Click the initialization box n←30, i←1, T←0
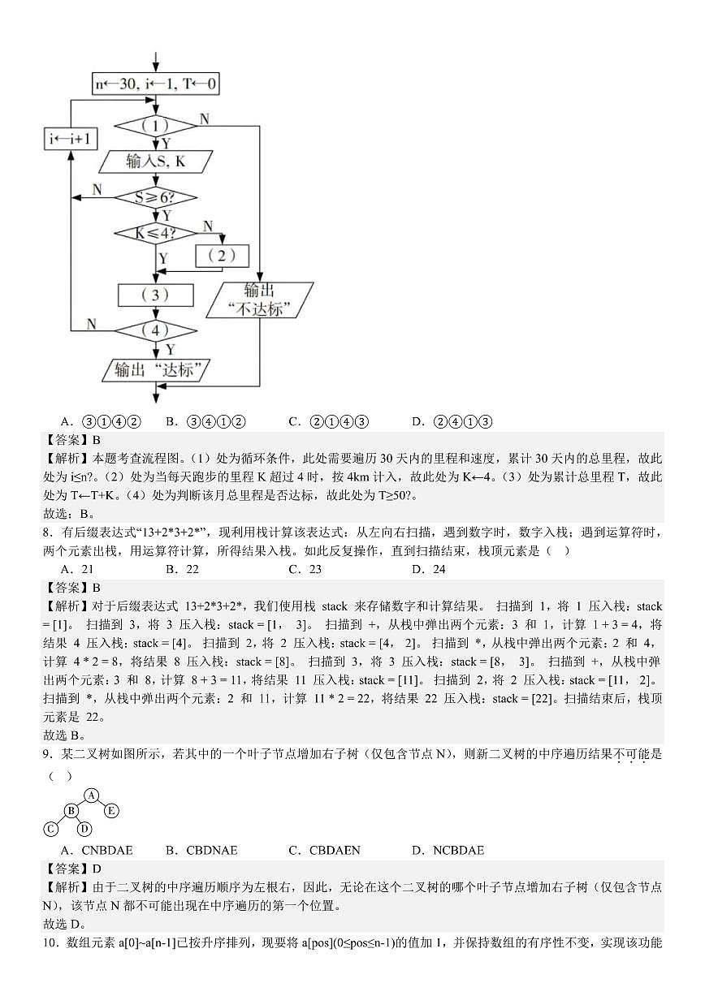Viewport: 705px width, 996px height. (155, 84)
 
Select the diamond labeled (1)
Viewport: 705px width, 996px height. (155, 126)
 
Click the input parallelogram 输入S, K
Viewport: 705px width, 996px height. (155, 162)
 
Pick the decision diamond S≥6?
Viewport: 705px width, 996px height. (155, 197)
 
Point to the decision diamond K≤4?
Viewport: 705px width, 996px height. (155, 234)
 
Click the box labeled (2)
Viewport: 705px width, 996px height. (222, 255)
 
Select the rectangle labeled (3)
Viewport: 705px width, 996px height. (155, 294)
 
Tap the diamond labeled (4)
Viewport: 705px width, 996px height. (155, 330)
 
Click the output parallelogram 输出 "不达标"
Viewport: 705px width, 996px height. (260, 300)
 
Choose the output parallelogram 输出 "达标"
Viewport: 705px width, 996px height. (155, 370)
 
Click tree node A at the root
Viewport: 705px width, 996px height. (92, 795)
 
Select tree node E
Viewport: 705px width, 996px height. (111, 810)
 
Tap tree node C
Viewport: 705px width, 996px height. (50, 828)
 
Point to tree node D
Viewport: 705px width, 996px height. (84, 828)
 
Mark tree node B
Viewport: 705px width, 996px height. (71, 810)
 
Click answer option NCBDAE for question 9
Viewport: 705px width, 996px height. (453, 850)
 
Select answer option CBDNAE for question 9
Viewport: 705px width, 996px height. (205, 850)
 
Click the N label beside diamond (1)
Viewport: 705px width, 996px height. (204, 119)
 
